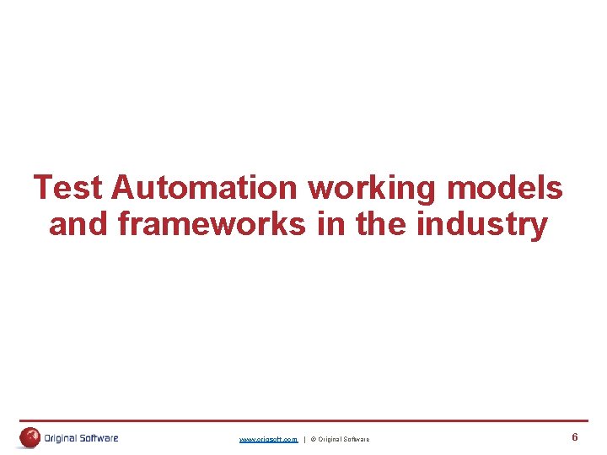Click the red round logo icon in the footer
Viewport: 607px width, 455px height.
tap(30, 437)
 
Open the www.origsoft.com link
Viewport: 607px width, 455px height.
tap(268, 440)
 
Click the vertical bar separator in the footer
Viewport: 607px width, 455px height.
tap(304, 440)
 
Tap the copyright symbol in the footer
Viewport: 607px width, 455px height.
tap(313, 440)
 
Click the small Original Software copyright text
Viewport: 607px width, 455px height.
tap(344, 440)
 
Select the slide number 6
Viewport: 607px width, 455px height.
tap(574, 437)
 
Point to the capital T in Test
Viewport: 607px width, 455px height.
tap(43, 188)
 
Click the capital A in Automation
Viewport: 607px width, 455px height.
tap(122, 188)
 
